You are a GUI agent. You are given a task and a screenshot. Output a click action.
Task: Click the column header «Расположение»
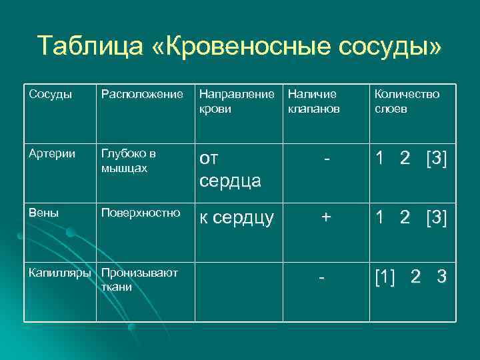pos(142,94)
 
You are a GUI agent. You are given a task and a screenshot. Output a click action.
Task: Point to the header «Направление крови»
pos(237,101)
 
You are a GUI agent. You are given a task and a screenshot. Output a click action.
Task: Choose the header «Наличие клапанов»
pos(313,101)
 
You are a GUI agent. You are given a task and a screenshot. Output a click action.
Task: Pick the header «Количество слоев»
pos(407,101)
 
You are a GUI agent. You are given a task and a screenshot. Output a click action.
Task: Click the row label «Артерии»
pos(49,154)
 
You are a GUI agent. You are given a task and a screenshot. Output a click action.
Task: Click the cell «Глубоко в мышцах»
pos(129,160)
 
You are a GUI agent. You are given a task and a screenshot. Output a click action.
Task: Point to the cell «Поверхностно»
pos(140,213)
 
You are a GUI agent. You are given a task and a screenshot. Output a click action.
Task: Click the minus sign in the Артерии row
pos(325,160)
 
